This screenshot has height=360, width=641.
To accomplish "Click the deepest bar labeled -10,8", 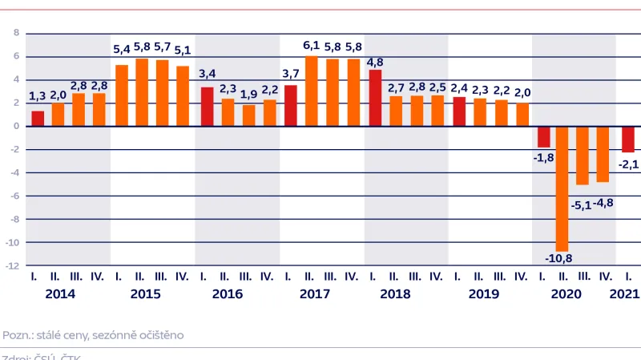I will [562, 188].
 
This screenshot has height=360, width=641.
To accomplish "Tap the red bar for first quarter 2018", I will [374, 98].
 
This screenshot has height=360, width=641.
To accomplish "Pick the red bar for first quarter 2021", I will [627, 139].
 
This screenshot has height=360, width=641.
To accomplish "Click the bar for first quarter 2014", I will [38, 119].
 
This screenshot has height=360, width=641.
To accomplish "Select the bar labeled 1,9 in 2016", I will [248, 115].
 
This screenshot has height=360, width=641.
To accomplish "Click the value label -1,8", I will [542, 157].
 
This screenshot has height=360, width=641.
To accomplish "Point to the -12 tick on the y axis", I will [14, 265].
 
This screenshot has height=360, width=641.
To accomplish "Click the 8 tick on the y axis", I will [14, 33].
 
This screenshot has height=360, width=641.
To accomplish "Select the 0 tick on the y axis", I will [14, 126].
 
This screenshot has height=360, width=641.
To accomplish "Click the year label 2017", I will [315, 294].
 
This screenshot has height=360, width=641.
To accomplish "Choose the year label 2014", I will [61, 294].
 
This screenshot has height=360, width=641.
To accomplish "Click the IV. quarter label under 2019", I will [521, 277].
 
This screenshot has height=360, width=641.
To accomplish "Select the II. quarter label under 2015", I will [142, 277].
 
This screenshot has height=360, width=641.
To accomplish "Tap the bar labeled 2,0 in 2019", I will [522, 115].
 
